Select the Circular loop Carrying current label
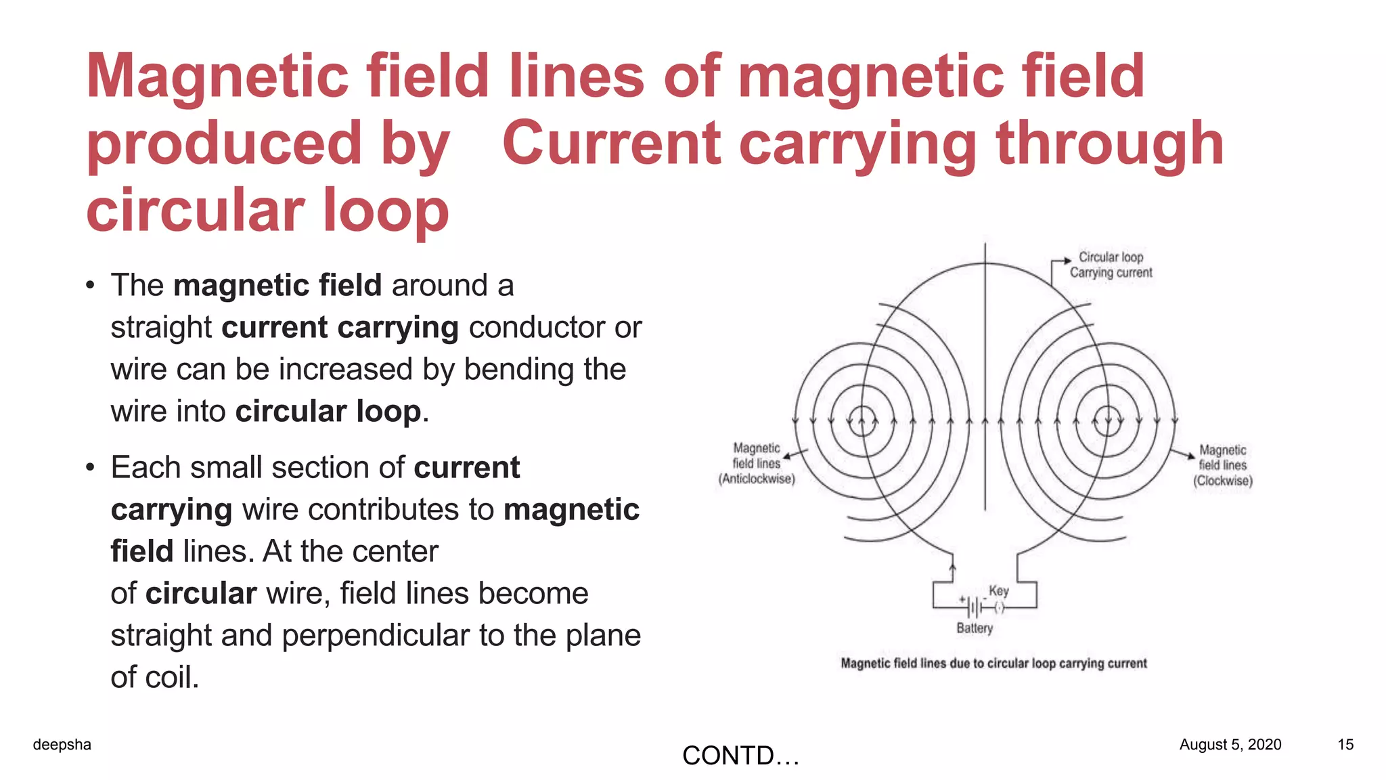coord(1111,265)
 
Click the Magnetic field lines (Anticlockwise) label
coord(757,464)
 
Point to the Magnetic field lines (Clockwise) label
coord(1222,465)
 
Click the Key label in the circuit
coord(999,590)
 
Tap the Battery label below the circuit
coord(975,628)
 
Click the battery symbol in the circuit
coord(973,607)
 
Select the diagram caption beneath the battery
coord(993,664)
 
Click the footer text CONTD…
coord(740,756)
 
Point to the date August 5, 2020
coord(1230,745)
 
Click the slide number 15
coord(1345,745)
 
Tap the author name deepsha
coord(62,745)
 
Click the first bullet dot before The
coord(90,286)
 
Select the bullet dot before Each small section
coord(90,468)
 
